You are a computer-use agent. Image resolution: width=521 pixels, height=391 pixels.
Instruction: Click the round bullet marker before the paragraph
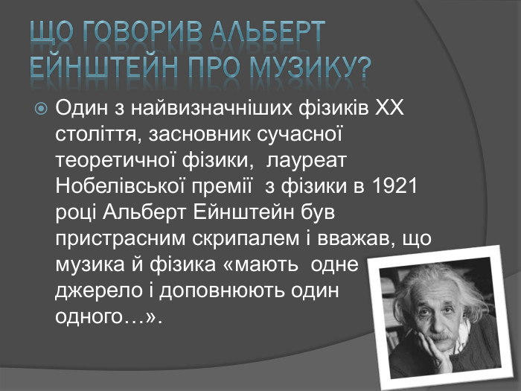tap(42, 109)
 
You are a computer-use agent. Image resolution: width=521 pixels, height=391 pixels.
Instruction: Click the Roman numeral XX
tap(386, 109)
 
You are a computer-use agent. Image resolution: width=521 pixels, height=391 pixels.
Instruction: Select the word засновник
tap(196, 135)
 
